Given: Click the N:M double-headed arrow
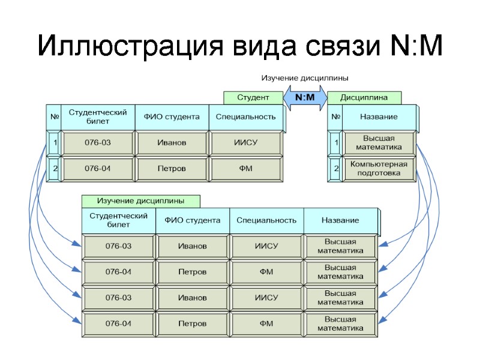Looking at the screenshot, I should pos(305,98).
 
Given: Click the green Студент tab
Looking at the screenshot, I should pos(253,97).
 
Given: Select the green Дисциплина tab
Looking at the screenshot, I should pos(364,97).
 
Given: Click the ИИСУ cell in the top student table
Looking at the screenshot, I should pos(245,143).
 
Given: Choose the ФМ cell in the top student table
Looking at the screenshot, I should pos(245,169).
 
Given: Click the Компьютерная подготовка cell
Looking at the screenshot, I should pos(379,169).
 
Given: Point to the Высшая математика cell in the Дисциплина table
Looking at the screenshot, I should pos(379,143).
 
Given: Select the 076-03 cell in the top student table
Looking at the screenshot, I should pos(98,143).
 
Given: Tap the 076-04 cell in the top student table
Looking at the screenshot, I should pos(98,169).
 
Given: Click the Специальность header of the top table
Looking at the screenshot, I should pos(245,116).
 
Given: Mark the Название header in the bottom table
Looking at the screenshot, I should pos(340,220).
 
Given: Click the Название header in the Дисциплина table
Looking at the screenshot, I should pos(379,116).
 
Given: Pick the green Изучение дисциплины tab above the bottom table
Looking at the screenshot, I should pos(140,200).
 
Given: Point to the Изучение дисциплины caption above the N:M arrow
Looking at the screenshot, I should pos(304,78).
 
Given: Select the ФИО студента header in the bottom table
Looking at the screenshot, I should pos(193,220).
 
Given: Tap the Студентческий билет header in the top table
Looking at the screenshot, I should pos(98,116).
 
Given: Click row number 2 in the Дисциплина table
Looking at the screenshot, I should pos(336,169).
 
